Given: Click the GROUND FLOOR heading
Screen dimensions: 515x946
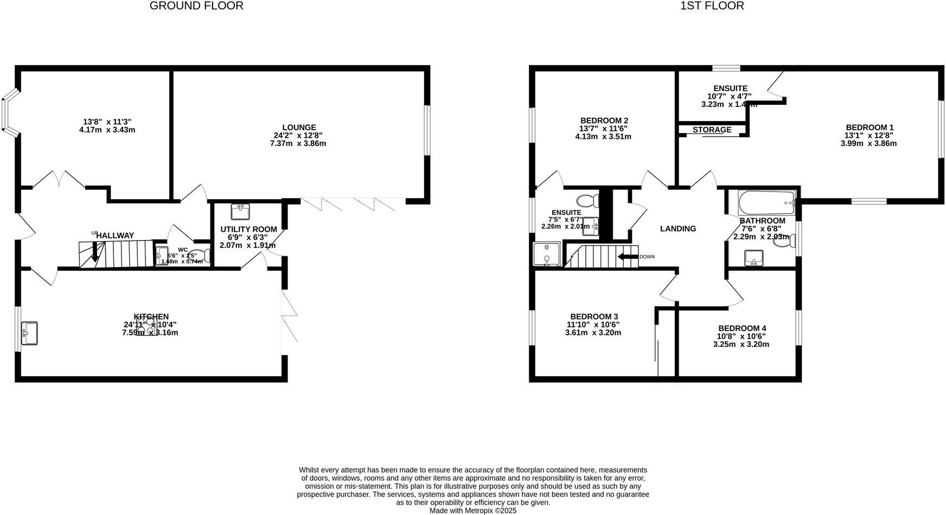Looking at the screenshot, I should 196,6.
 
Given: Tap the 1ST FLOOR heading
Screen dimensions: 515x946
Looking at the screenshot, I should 712,6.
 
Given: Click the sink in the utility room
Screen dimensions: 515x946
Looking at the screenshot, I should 239,212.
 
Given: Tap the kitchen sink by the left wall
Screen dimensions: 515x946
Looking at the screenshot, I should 29,333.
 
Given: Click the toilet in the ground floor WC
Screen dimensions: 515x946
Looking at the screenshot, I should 201,256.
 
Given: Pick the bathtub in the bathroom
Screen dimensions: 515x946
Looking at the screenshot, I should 766,204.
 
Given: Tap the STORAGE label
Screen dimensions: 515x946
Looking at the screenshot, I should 712,130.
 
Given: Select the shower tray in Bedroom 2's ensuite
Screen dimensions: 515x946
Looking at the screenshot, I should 546,254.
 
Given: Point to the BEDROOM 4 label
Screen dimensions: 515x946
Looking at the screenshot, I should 742,328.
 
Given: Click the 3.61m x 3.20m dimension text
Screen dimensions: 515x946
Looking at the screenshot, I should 593,333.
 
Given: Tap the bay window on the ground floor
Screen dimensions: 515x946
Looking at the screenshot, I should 9,114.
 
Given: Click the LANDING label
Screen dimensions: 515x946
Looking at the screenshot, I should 677,229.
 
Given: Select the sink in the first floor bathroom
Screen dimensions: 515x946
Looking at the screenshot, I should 753,257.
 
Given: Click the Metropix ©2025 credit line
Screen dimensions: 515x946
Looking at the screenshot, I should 473,511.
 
